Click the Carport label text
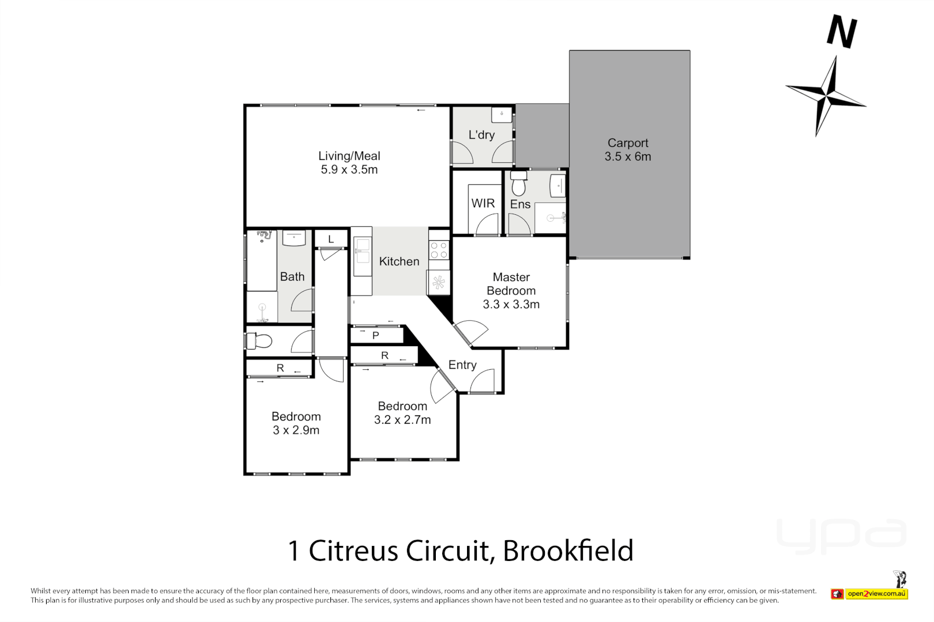tap(628, 143)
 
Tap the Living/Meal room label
tap(349, 156)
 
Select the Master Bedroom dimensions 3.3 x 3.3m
tap(511, 305)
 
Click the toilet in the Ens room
tap(519, 184)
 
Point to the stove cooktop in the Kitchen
tap(439, 250)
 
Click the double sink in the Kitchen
tap(362, 256)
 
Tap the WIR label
tap(483, 203)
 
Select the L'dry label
tap(481, 135)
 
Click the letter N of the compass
tap(842, 32)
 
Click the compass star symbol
tap(827, 96)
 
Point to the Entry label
tap(462, 365)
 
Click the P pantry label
tap(375, 335)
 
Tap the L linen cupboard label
tap(331, 239)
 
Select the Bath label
tap(292, 277)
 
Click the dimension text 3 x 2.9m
tap(296, 430)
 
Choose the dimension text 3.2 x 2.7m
tap(402, 420)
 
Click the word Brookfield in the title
tap(568, 551)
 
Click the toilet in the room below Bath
tap(260, 342)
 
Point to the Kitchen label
tap(399, 261)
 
